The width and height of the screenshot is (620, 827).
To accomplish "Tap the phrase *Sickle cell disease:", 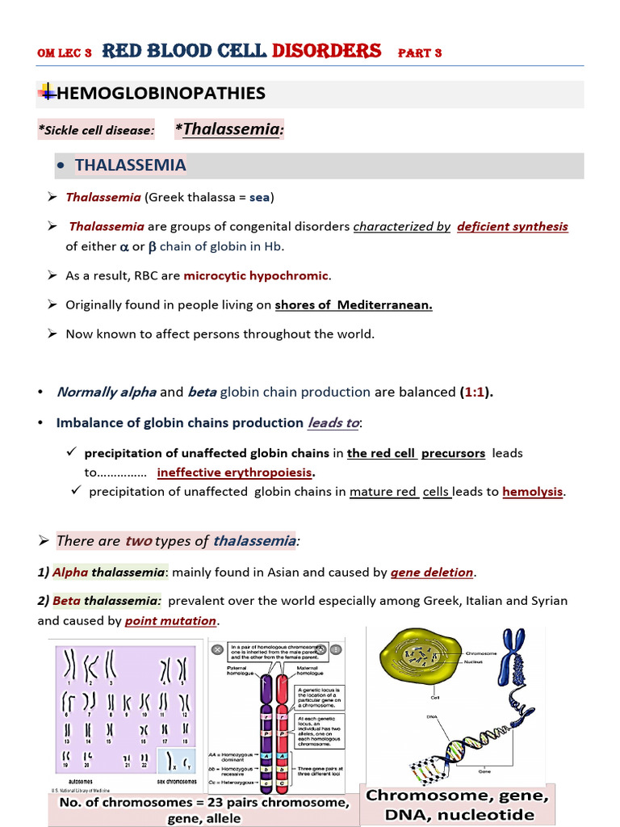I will tap(96, 130).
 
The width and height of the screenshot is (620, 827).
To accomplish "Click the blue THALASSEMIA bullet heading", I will tap(130, 166).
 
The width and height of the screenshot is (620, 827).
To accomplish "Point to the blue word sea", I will tap(259, 197).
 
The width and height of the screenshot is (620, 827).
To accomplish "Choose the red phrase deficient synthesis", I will tap(513, 226).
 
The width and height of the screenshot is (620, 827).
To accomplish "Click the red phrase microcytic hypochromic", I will tap(256, 275).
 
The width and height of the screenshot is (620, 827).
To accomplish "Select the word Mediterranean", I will tap(385, 304).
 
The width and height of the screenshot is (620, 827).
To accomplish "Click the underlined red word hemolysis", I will tap(533, 491).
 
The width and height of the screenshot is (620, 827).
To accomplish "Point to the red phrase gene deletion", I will tap(432, 573).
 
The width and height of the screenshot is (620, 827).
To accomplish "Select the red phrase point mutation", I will tap(171, 621).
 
